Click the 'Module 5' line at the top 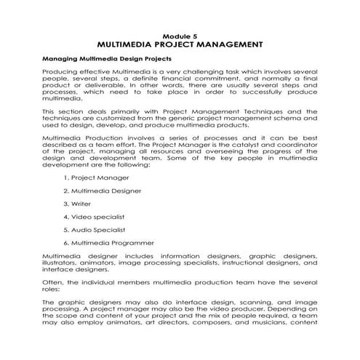(x=180, y=35)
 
